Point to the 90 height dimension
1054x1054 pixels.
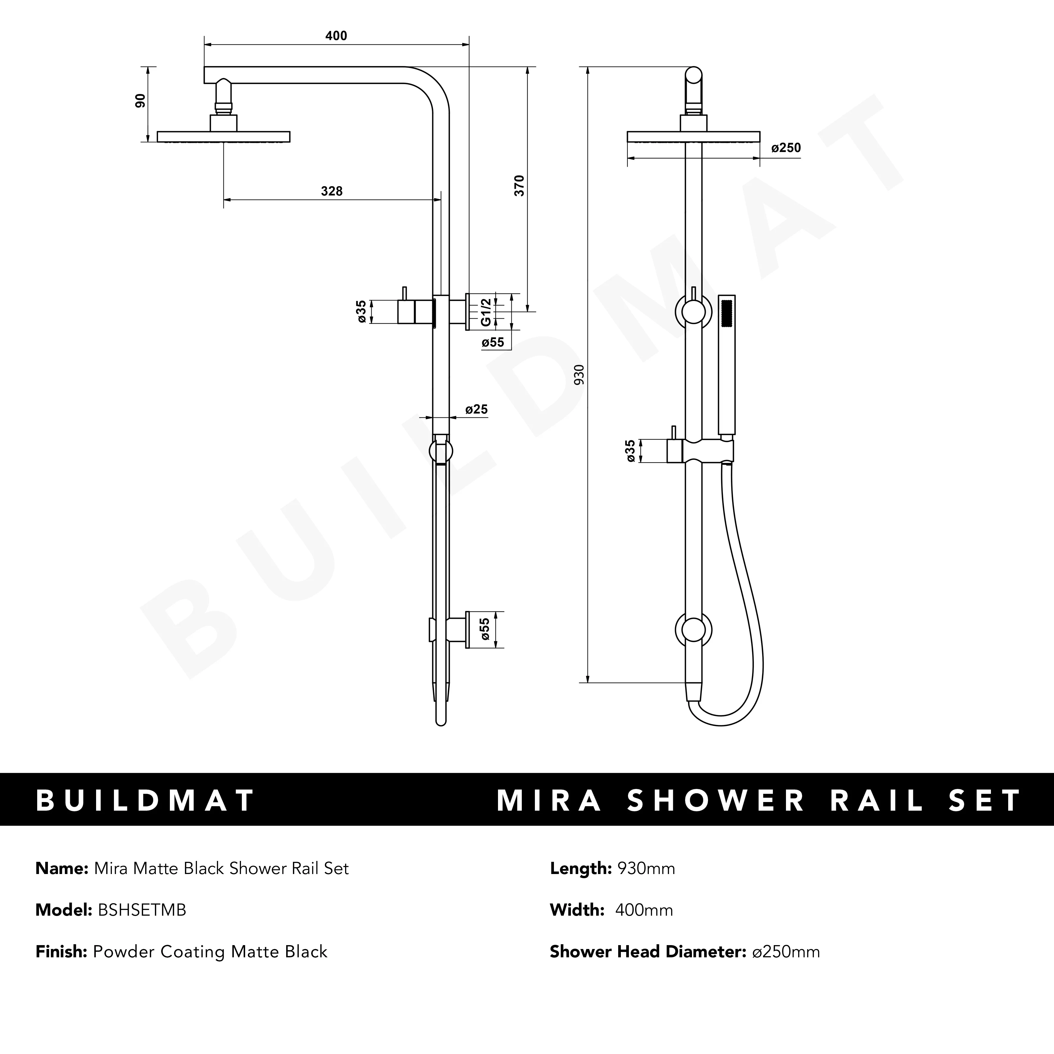(141, 101)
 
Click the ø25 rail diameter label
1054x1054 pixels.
(476, 409)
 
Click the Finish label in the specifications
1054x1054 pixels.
(61, 952)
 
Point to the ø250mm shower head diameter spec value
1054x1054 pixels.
(786, 952)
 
